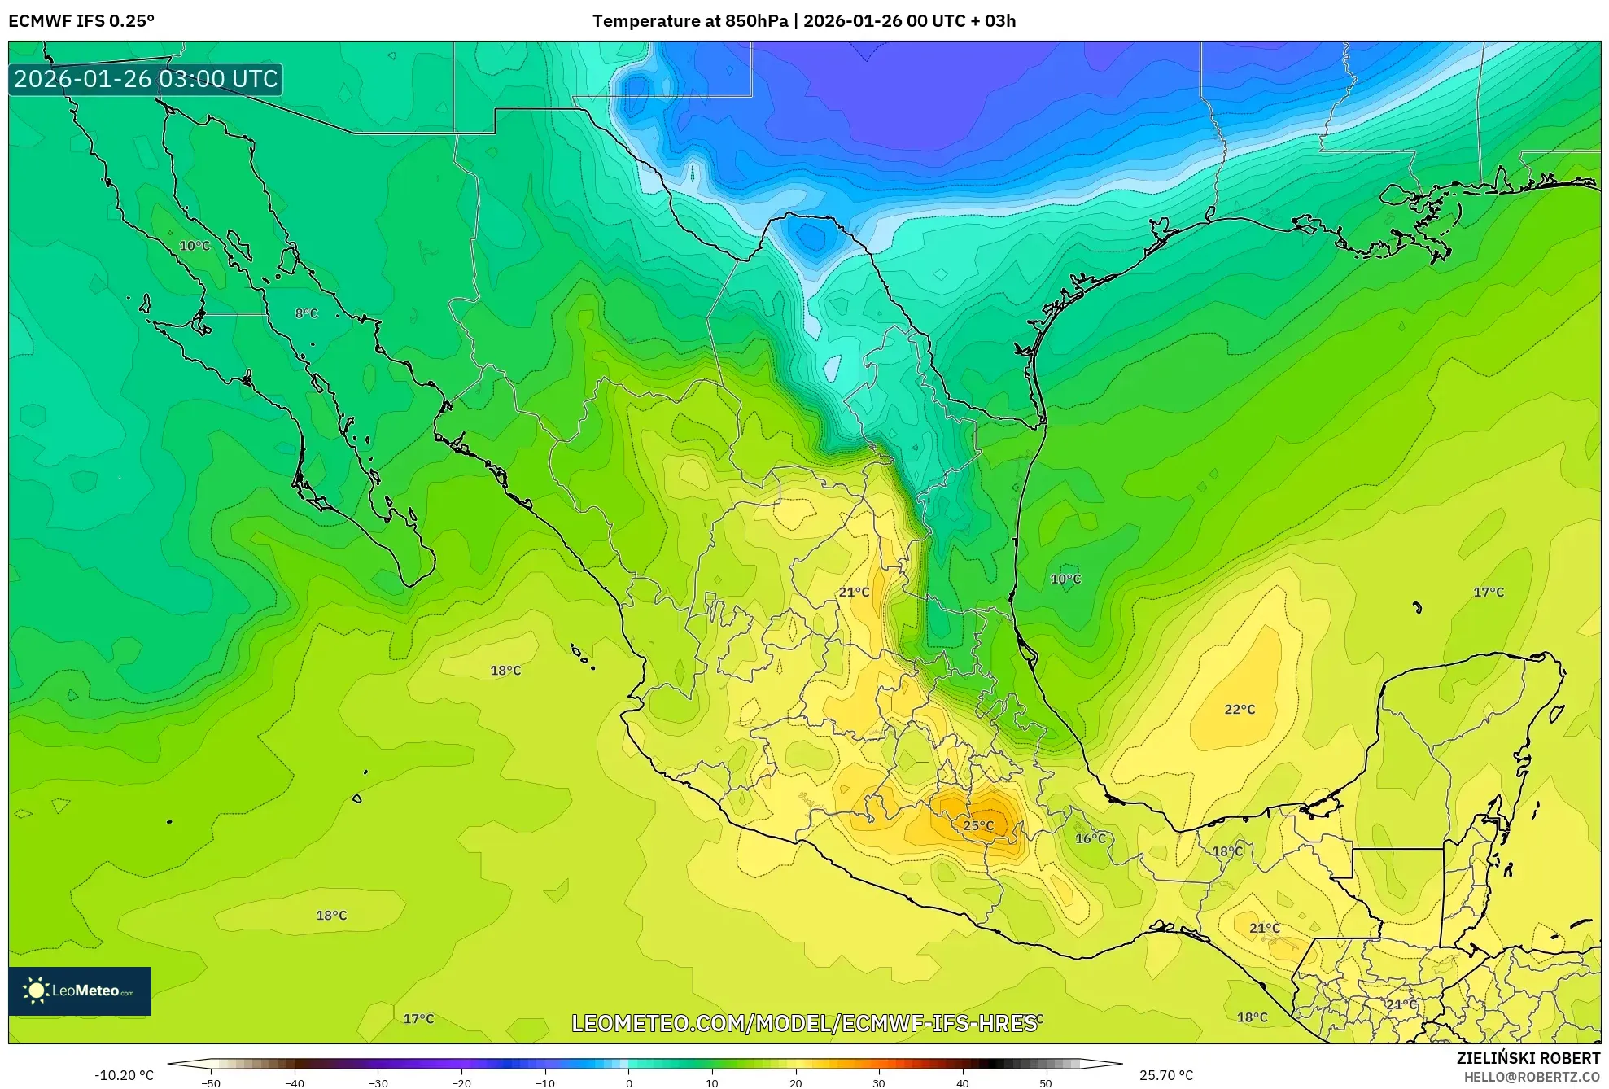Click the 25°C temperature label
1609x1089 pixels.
[x=978, y=825]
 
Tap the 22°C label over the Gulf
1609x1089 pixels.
[x=1240, y=710]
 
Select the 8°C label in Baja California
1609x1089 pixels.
[x=307, y=313]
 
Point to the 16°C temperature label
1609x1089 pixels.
[x=1091, y=838]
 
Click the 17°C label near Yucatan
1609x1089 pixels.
[x=1489, y=593]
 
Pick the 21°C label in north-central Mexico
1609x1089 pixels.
[x=854, y=593]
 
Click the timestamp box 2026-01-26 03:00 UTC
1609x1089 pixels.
[x=146, y=79]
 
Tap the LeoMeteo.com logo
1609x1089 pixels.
[x=80, y=991]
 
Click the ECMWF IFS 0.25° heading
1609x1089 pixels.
[x=81, y=21]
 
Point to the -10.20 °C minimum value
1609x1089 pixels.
[x=124, y=1075]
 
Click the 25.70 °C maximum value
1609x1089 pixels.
[x=1165, y=1075]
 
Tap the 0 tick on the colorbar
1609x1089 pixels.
[x=628, y=1083]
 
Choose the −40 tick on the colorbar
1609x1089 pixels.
[x=295, y=1083]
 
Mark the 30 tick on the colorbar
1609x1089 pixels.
[x=879, y=1083]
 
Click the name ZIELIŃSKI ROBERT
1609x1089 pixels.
[x=1528, y=1059]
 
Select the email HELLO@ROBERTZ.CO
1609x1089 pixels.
[x=1532, y=1077]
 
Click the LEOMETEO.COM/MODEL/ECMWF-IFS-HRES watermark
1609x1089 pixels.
[x=804, y=1023]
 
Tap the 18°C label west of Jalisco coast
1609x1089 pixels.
[x=505, y=671]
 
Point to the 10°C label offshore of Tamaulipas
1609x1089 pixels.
[x=1065, y=579]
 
